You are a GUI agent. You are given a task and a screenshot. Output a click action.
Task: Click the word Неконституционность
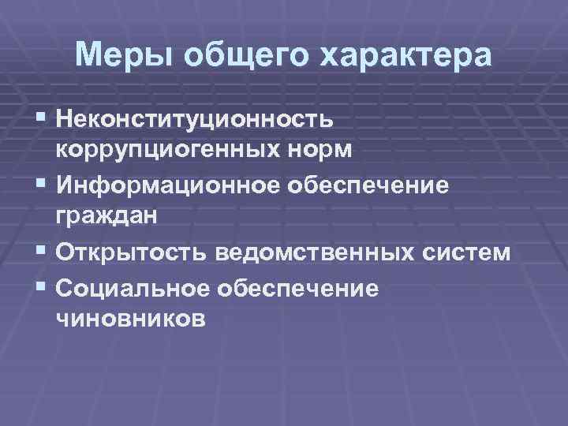[x=195, y=119]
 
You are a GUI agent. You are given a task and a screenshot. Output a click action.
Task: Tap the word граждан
[x=103, y=216]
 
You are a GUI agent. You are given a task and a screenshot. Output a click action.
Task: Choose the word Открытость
[x=131, y=252]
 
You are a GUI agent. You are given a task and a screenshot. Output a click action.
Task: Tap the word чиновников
[x=129, y=318]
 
